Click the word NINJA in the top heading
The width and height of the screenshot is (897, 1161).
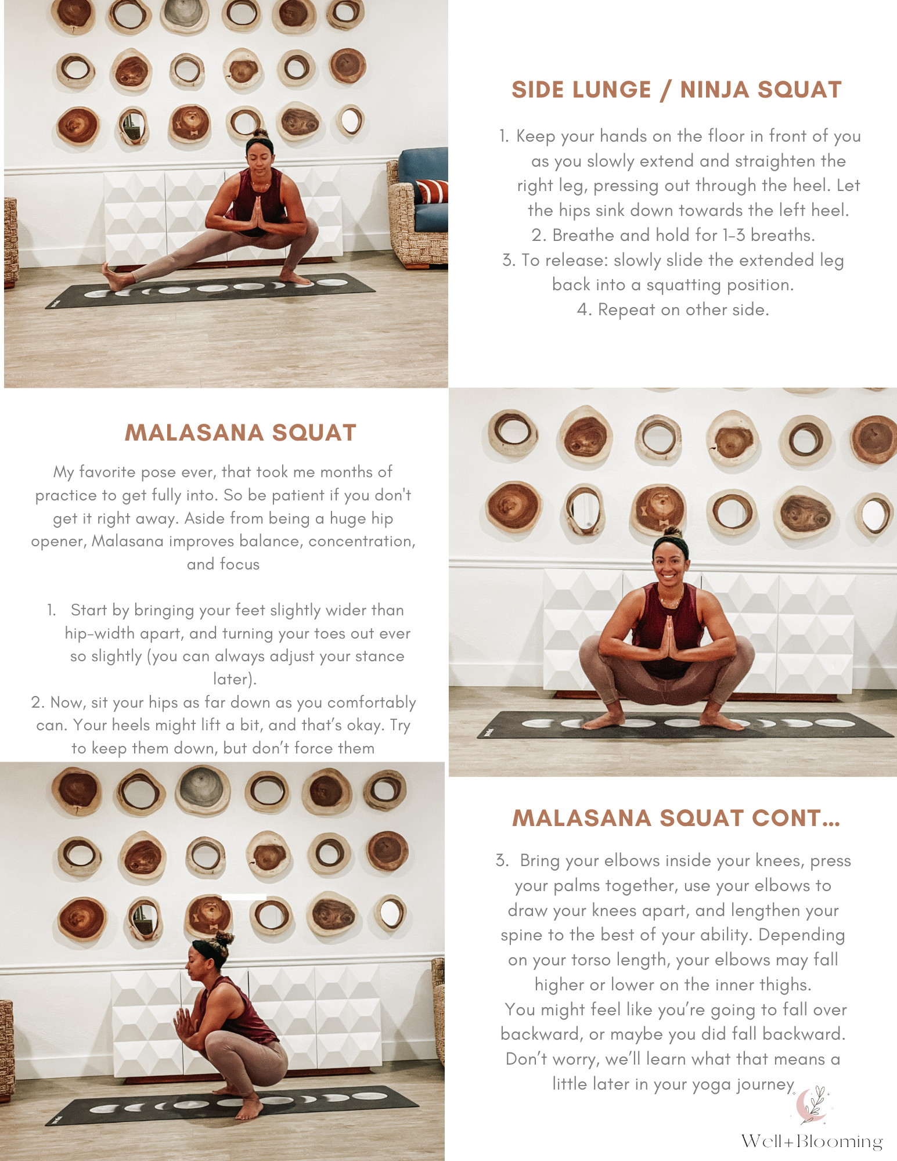[715, 90]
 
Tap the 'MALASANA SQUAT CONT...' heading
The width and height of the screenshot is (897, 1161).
[676, 818]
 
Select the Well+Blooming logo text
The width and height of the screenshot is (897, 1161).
[812, 1141]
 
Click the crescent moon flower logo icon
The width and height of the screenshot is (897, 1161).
[812, 1104]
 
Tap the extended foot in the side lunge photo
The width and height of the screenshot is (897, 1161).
[113, 277]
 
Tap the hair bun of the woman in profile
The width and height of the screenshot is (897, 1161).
[224, 938]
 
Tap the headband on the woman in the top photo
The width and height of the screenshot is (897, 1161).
[259, 142]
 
